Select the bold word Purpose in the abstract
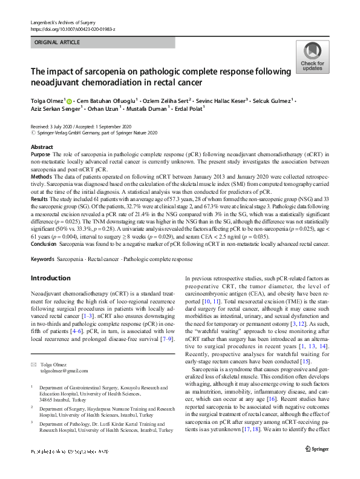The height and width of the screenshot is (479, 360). [41, 154]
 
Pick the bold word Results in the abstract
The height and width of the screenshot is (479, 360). [40, 197]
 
